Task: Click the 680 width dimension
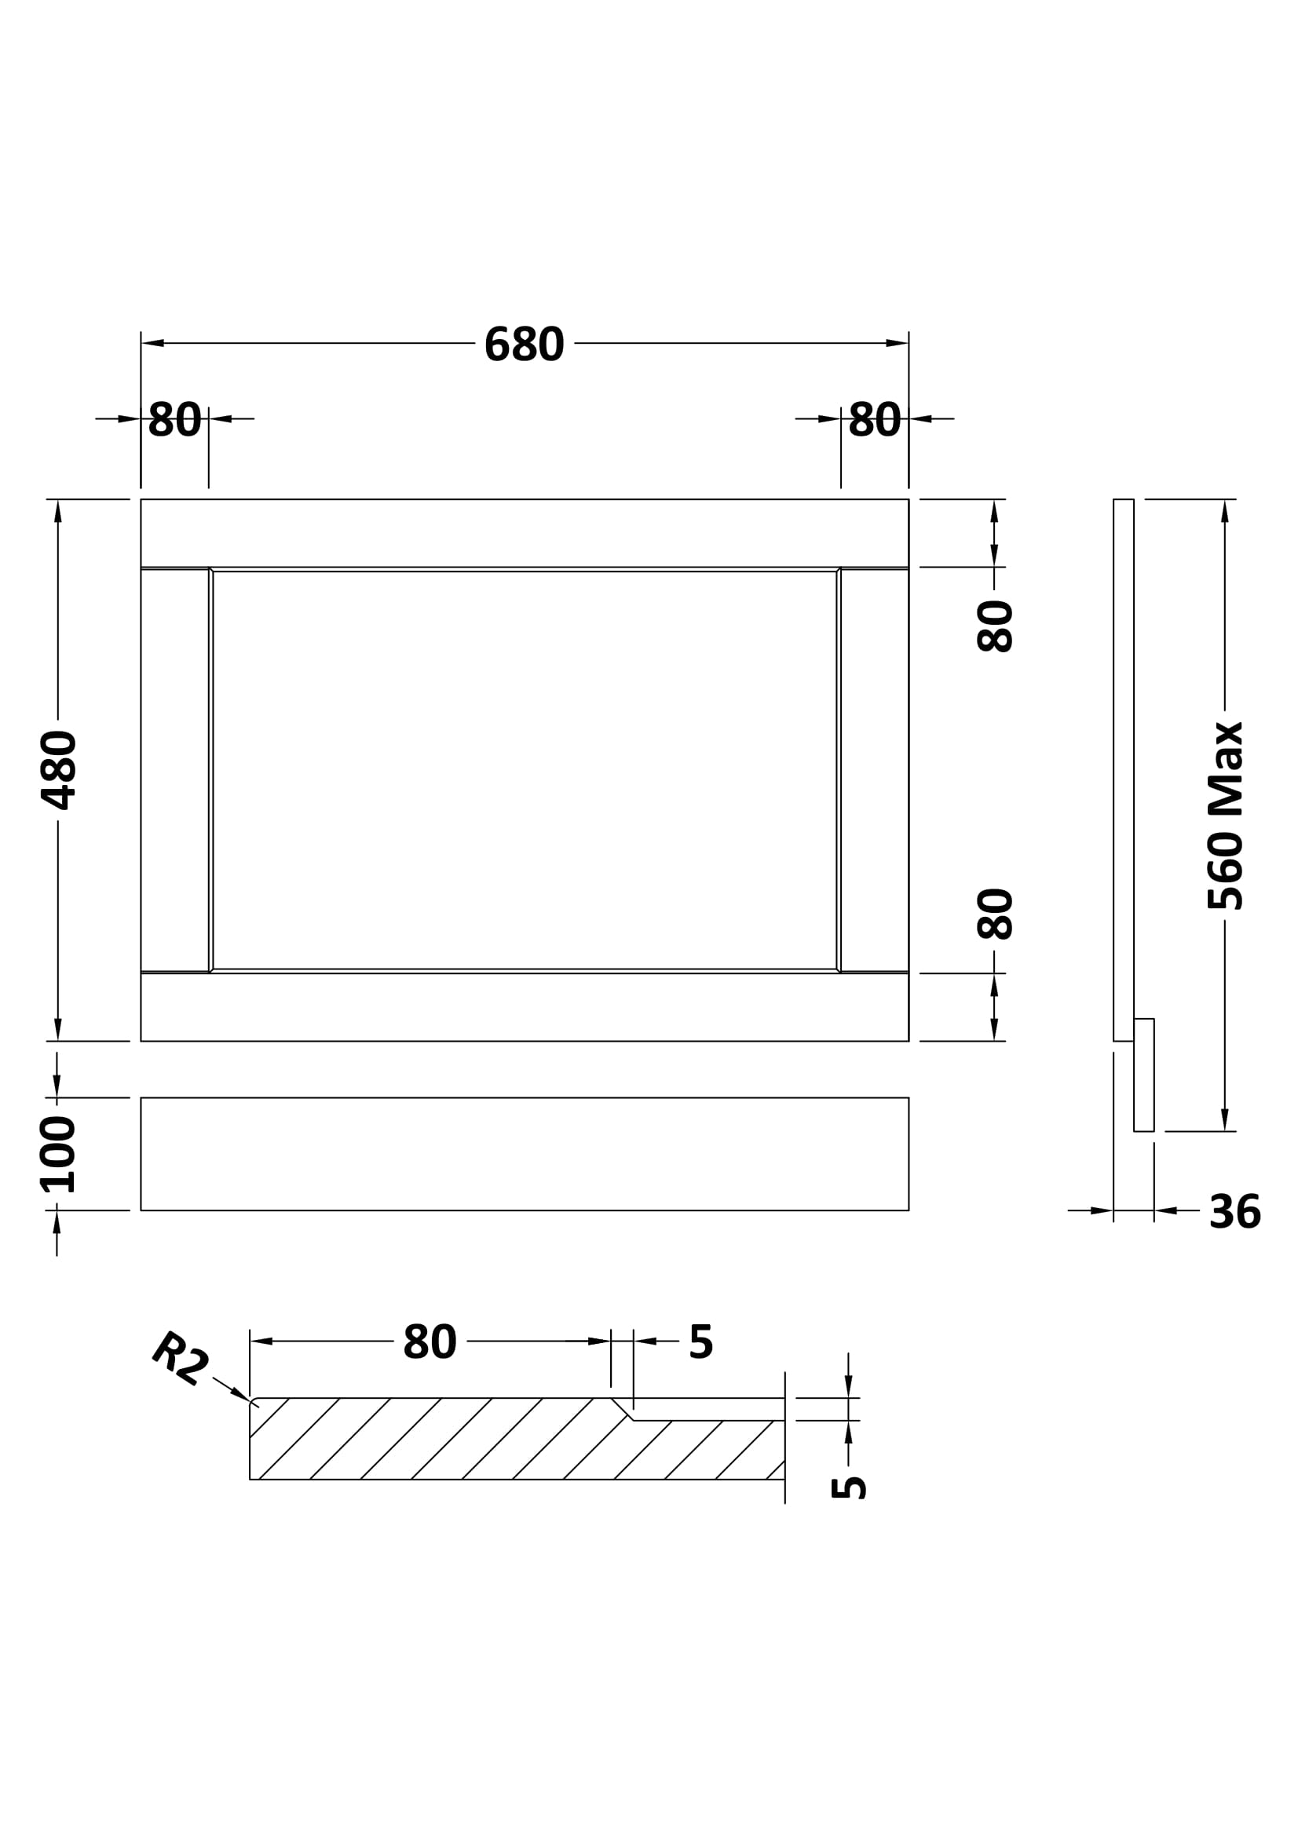pos(524,344)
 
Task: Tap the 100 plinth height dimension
pos(57,1155)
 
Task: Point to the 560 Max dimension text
pos(1224,816)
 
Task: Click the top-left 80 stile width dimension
pos(175,419)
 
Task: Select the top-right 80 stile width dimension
pos(875,419)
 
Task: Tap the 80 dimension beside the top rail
pos(995,626)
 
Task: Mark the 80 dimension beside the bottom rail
pos(995,913)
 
